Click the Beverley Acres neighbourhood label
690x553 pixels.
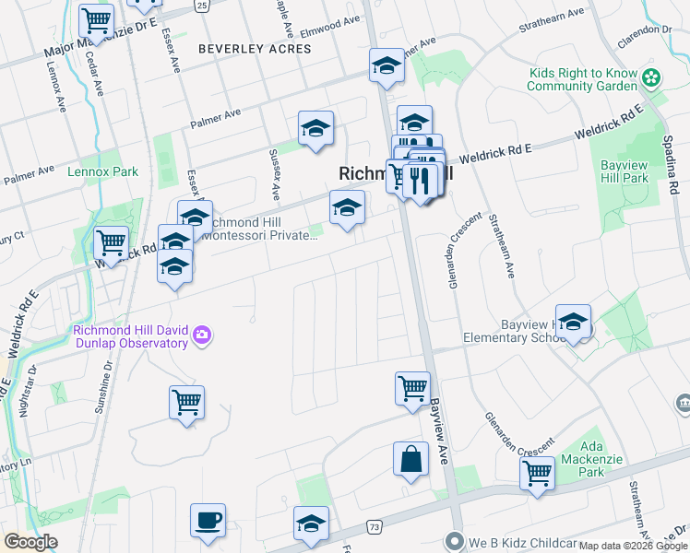[x=256, y=49]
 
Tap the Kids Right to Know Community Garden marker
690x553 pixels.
[x=653, y=78]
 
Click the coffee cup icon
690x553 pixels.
[x=208, y=521]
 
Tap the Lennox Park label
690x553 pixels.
[x=102, y=171]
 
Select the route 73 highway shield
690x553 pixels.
[x=374, y=526]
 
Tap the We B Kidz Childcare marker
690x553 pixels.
[x=453, y=540]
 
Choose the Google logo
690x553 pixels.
[x=30, y=542]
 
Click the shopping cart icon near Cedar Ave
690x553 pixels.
[x=96, y=19]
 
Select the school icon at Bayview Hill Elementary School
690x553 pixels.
[x=573, y=322]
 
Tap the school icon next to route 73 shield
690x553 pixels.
[x=312, y=524]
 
